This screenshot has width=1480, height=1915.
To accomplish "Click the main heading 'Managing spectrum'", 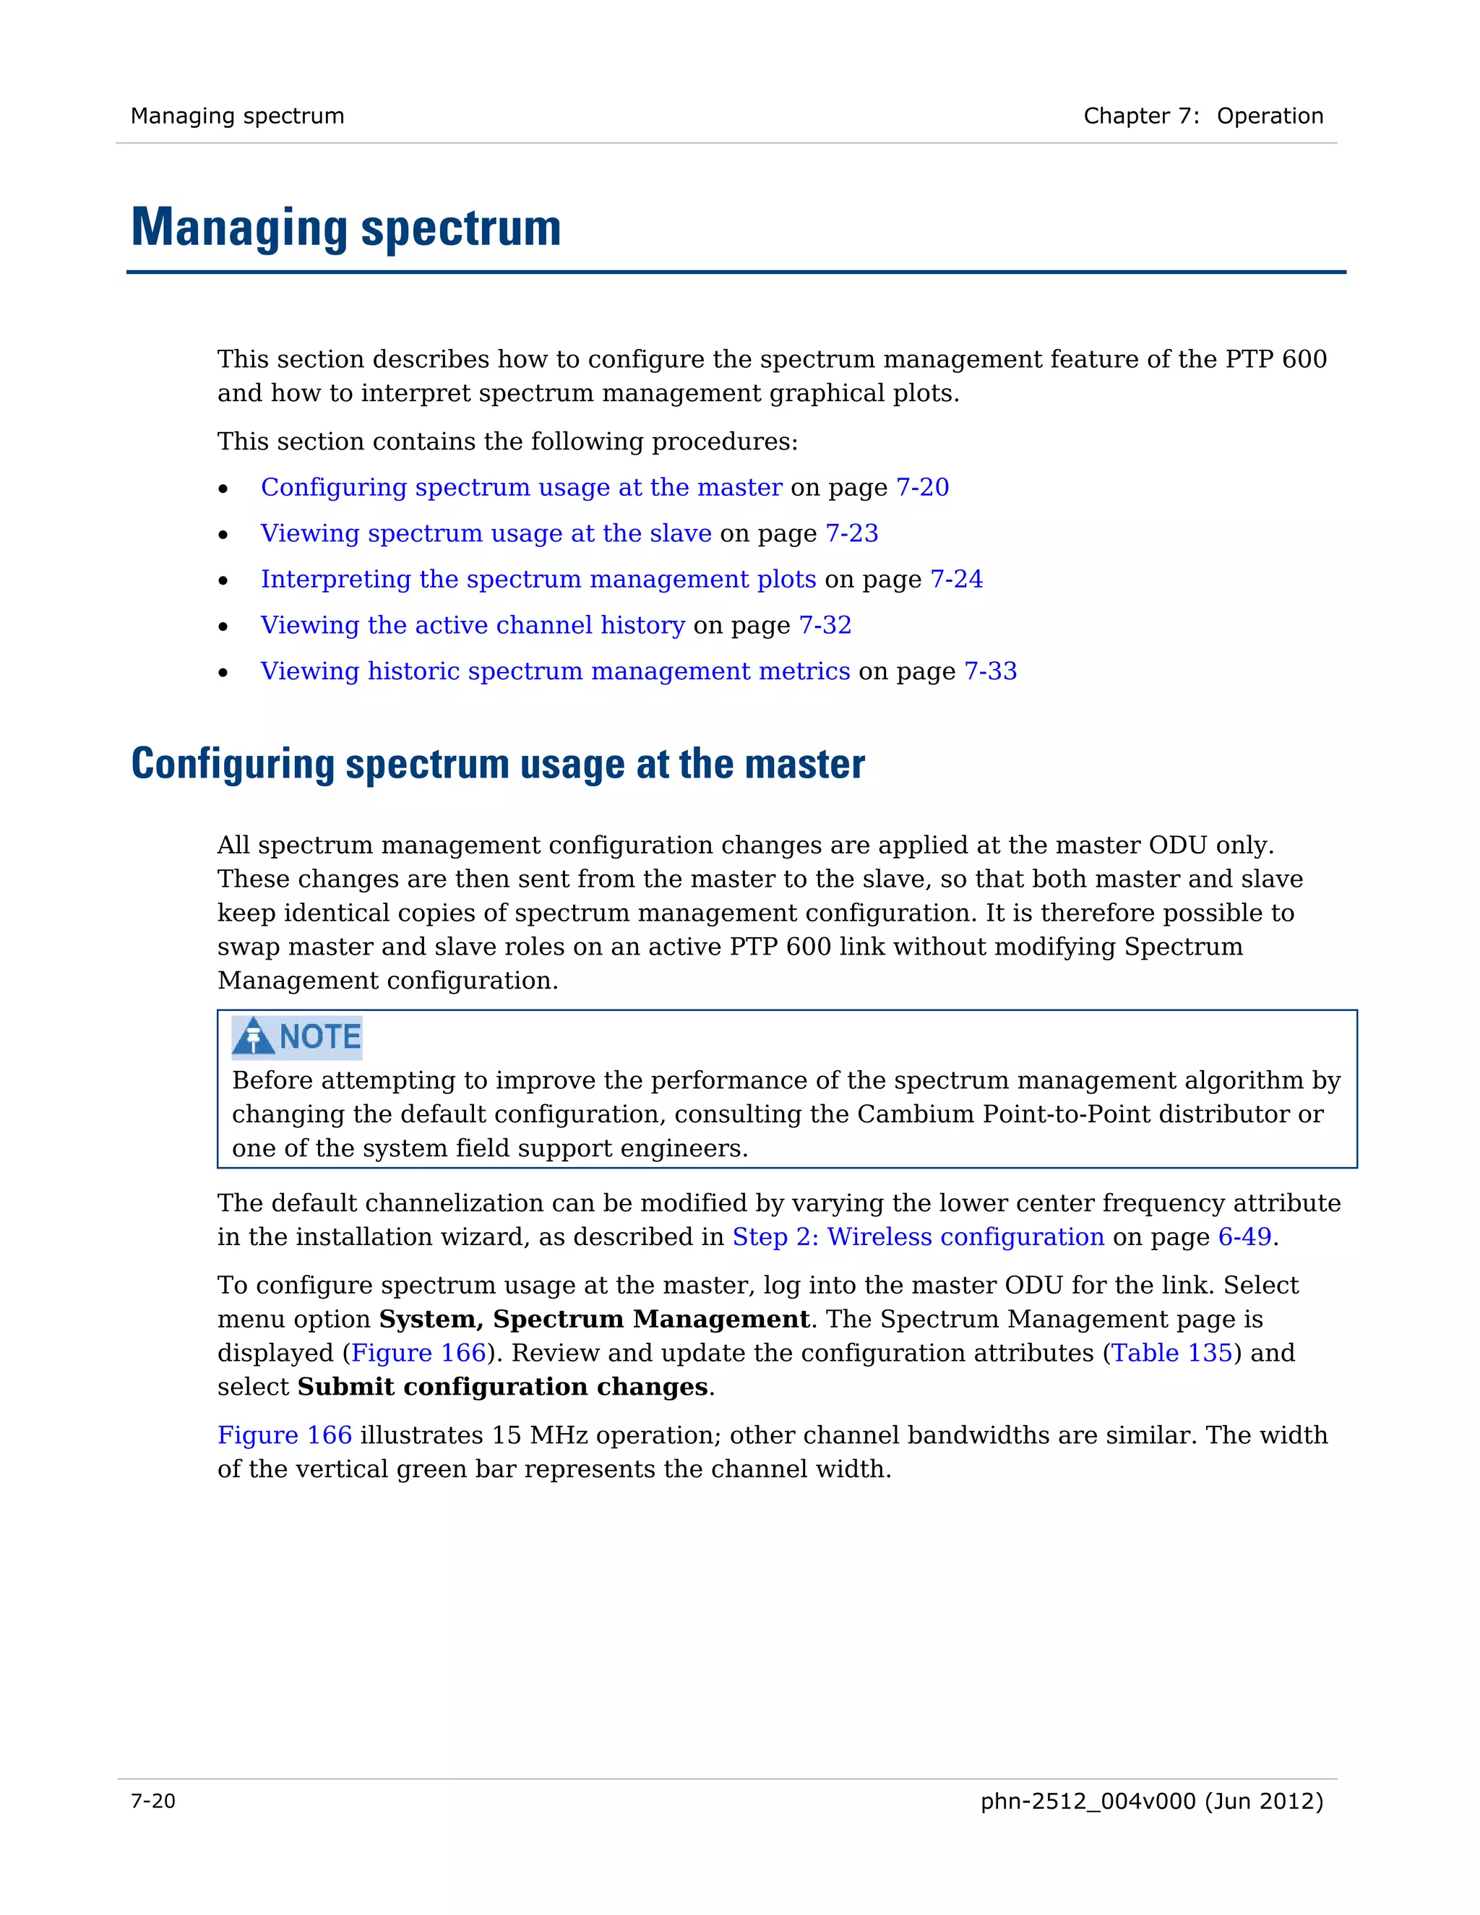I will [x=345, y=228].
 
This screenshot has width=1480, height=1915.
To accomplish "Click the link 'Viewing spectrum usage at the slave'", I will [x=486, y=533].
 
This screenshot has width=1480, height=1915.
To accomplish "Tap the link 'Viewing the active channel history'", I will [x=473, y=625].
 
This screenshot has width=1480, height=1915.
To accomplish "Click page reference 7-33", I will [x=990, y=671].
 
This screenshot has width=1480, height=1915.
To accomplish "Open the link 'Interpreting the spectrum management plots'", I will [x=538, y=579].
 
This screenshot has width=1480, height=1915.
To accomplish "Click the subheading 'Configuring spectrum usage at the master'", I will [x=497, y=764].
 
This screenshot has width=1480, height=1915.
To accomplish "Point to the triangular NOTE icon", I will [x=254, y=1036].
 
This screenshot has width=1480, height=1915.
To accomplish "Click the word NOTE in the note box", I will [x=320, y=1036].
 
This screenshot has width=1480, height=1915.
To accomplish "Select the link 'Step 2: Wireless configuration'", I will [x=918, y=1237].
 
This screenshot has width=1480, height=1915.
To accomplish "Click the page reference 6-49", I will [x=1244, y=1237].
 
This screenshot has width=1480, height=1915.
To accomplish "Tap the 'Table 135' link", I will [x=1171, y=1353].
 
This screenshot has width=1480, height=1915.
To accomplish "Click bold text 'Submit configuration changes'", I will [x=502, y=1387].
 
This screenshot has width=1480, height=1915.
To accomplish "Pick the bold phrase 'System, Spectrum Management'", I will [x=593, y=1320].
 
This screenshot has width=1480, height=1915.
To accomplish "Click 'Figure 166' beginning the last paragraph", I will [x=284, y=1435].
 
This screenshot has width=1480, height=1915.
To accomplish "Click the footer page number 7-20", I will [x=153, y=1801].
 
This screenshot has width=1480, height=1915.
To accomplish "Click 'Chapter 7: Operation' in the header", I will [x=1203, y=116].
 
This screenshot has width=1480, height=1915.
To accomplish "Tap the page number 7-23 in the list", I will [x=851, y=533].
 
